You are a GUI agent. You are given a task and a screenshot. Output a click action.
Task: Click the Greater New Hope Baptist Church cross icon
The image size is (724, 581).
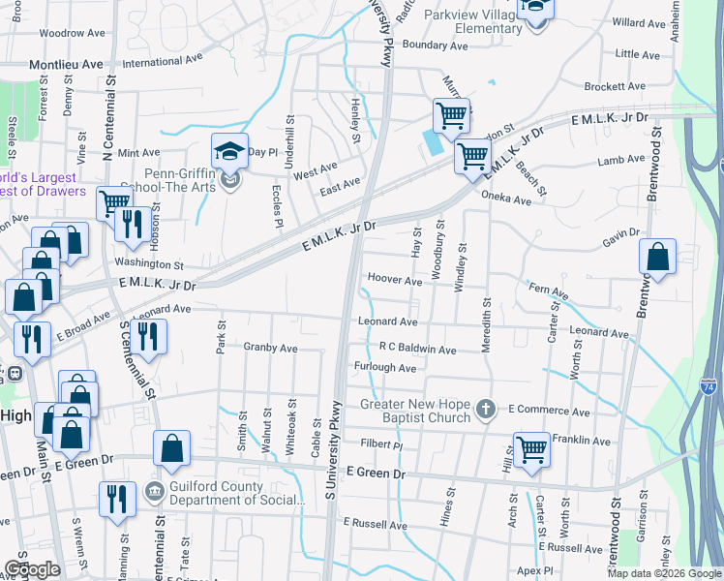[x=485, y=410]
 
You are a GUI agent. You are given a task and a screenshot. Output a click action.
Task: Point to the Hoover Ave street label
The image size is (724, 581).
[x=395, y=281]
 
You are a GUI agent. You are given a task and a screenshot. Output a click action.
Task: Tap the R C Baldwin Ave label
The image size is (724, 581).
[x=417, y=349]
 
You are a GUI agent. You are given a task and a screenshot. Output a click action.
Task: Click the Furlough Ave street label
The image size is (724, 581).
[x=385, y=368]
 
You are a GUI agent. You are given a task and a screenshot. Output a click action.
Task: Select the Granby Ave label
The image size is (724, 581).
[x=271, y=347]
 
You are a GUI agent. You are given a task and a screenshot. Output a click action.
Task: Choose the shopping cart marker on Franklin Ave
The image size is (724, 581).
[x=531, y=449]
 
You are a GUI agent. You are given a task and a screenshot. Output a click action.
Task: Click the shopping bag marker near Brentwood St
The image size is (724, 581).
[x=657, y=258]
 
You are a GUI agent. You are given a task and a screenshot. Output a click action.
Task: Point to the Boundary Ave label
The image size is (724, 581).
[x=436, y=46]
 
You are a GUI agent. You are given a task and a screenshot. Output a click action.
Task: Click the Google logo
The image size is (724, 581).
[x=32, y=569]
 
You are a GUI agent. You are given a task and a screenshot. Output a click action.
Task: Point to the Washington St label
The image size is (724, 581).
[x=149, y=263]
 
